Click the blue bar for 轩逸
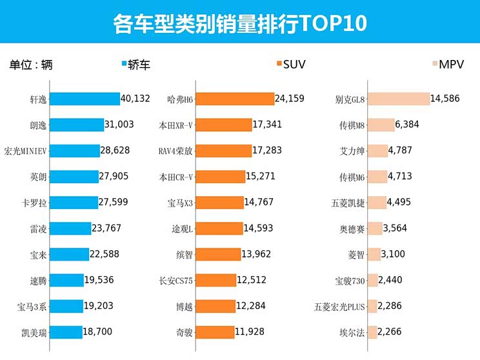[x=85, y=99]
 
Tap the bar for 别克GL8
[x=398, y=99]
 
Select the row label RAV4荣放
[x=176, y=151]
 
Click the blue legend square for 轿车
[x=124, y=64]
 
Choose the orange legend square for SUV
[x=279, y=64]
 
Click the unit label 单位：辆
[x=30, y=64]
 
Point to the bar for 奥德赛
[x=375, y=228]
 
